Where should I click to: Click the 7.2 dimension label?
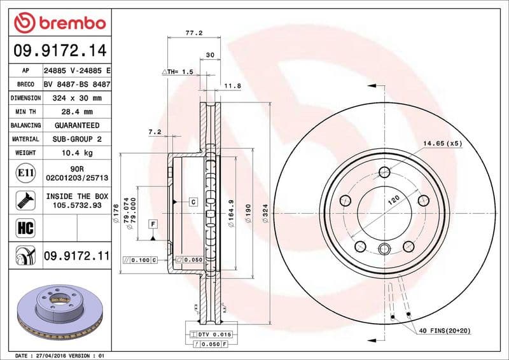[x=155, y=132]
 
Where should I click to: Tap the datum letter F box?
[x=153, y=224]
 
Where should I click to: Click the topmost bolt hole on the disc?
[x=384, y=172]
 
